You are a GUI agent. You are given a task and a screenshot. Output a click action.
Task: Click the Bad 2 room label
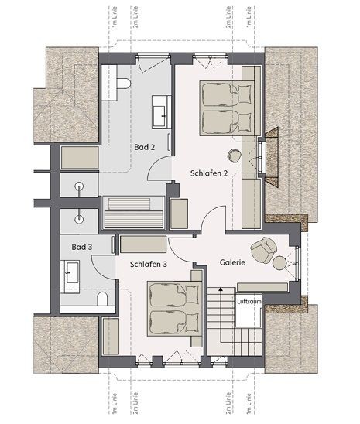(145, 147)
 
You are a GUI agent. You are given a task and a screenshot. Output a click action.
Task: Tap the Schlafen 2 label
(209, 173)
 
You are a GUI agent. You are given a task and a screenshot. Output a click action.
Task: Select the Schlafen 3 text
(149, 264)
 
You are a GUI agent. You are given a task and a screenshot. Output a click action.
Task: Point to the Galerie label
(232, 262)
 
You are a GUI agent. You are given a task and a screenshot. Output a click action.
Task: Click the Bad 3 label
(82, 247)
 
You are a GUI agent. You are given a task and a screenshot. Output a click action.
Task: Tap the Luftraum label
(249, 301)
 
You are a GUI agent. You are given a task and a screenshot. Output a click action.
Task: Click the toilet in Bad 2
(124, 84)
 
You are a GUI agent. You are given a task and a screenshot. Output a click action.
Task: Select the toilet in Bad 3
(102, 299)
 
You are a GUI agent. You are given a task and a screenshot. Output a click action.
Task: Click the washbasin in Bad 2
(161, 111)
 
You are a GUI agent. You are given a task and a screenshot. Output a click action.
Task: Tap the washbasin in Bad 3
(70, 276)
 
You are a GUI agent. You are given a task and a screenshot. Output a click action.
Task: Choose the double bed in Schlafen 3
(175, 309)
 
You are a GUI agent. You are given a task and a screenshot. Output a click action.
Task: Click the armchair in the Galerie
(263, 250)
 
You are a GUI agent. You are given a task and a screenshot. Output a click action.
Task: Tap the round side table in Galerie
(279, 263)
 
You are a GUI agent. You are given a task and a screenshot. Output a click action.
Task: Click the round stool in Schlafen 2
(234, 156)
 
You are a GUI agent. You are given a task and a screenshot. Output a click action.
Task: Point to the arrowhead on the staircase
(221, 289)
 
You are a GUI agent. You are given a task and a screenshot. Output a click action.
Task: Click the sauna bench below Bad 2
(133, 212)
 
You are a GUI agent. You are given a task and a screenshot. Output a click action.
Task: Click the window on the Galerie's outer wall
(297, 263)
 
